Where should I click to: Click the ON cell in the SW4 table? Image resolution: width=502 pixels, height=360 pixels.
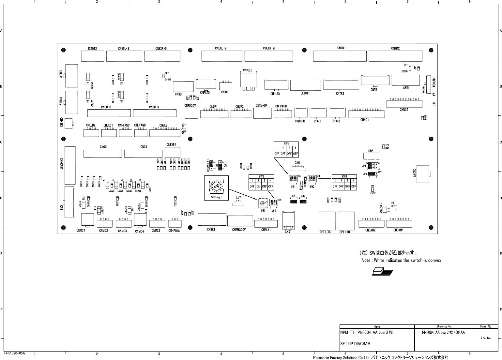pyautogui.click(x=258, y=187)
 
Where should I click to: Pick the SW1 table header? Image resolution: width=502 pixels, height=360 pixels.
pyautogui.click(x=286, y=144)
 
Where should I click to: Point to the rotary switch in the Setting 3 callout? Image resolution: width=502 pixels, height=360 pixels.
pyautogui.click(x=216, y=187)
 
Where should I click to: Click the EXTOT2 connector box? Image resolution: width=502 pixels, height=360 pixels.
pyautogui.click(x=92, y=56)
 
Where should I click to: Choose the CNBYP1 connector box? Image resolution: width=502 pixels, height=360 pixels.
pyautogui.click(x=173, y=152)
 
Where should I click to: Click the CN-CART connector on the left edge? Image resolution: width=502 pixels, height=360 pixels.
pyautogui.click(x=69, y=165)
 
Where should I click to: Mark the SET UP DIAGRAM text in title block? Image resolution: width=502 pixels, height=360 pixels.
pyautogui.click(x=355, y=343)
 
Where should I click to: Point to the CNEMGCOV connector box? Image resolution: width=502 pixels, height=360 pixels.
pyautogui.click(x=239, y=221)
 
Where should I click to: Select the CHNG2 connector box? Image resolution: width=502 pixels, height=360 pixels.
pyautogui.click(x=404, y=104)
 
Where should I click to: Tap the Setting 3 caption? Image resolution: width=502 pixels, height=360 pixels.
pyautogui.click(x=217, y=197)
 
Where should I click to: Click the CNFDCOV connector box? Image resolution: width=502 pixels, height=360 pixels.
pyautogui.click(x=191, y=113)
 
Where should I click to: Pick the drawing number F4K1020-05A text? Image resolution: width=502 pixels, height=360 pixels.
pyautogui.click(x=14, y=353)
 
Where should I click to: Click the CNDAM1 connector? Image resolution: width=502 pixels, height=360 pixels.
pyautogui.click(x=399, y=224)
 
